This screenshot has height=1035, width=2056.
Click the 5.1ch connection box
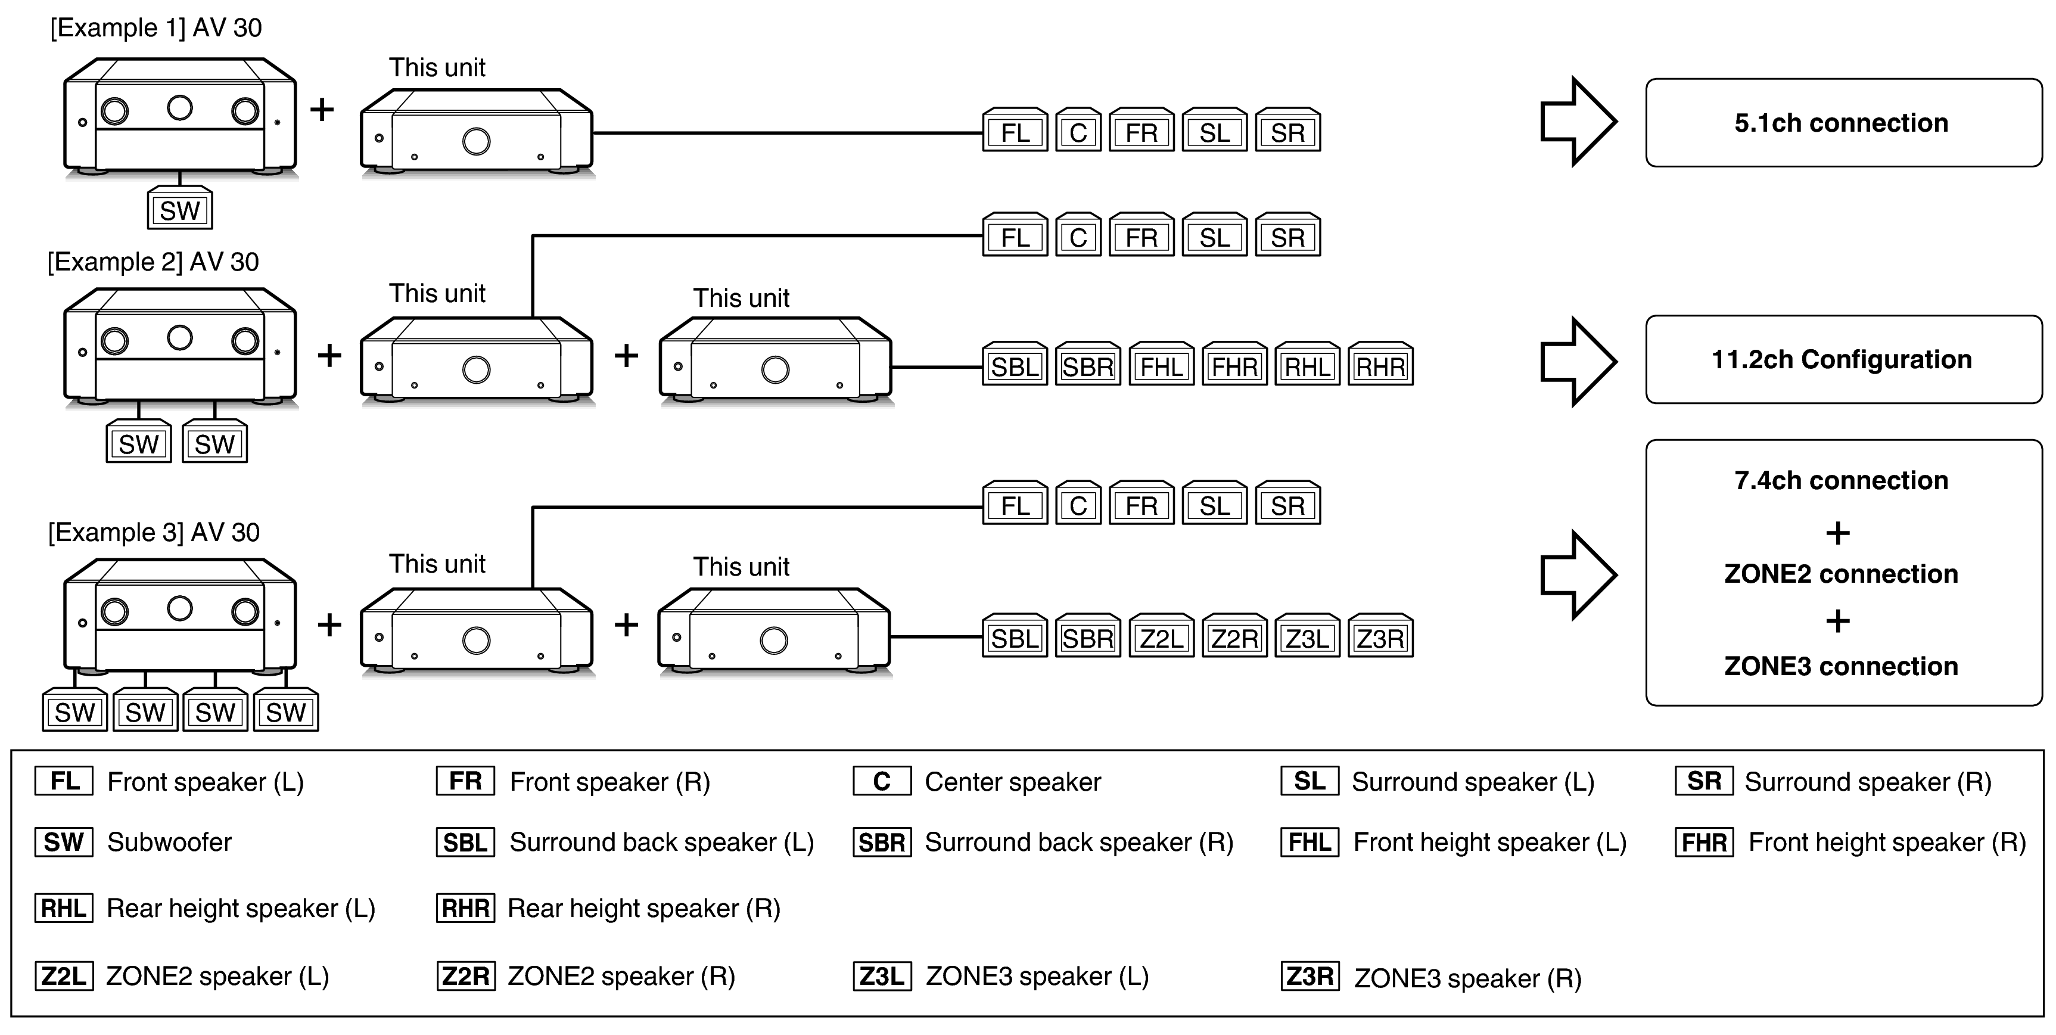pos(1843,123)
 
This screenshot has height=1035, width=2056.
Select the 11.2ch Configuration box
pos(1843,360)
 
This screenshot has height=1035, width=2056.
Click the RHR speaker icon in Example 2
pos(1380,366)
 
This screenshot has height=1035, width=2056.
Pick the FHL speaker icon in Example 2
pos(1161,366)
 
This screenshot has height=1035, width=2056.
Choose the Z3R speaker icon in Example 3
pos(1380,638)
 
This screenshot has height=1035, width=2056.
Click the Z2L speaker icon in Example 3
pos(1161,638)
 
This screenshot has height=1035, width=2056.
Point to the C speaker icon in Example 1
pos(1078,132)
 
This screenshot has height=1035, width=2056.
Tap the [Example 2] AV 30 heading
pos(153,262)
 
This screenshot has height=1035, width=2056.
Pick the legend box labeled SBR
pos(881,843)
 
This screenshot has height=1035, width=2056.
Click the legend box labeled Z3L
pos(881,976)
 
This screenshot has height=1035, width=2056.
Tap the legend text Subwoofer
pos(169,843)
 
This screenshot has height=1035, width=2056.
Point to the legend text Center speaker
pos(1012,782)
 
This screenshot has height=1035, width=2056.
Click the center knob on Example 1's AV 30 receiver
pos(179,108)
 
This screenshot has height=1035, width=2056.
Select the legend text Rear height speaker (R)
pos(643,909)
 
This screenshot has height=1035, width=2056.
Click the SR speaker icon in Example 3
pos(1287,505)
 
